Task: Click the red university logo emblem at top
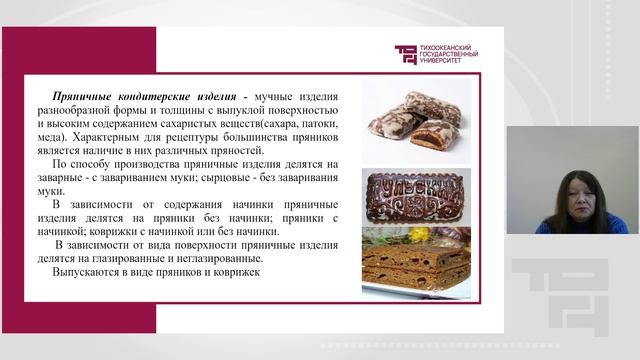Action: tap(405, 54)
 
